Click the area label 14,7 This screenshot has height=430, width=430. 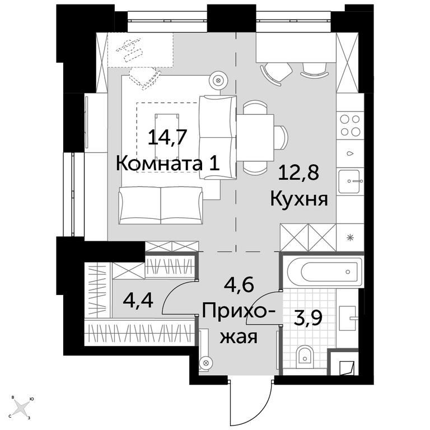pyautogui.click(x=167, y=137)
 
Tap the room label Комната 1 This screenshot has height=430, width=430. pyautogui.click(x=168, y=163)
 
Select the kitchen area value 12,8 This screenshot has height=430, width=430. pyautogui.click(x=298, y=173)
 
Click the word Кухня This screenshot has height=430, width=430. pyautogui.click(x=299, y=199)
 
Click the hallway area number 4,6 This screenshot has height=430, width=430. pyautogui.click(x=239, y=284)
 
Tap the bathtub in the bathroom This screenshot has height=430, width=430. pyautogui.click(x=322, y=272)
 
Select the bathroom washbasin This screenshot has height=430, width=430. pyautogui.click(x=348, y=319)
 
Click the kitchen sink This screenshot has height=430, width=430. pyautogui.click(x=349, y=181)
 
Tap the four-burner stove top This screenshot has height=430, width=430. pyautogui.click(x=350, y=125)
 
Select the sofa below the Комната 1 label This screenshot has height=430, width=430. pyautogui.click(x=161, y=205)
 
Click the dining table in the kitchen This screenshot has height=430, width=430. pyautogui.click(x=255, y=137)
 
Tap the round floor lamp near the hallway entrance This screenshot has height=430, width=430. pyautogui.click(x=206, y=363)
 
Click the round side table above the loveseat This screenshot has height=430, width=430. pyautogui.click(x=218, y=81)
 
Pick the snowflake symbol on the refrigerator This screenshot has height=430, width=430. pyautogui.click(x=349, y=237)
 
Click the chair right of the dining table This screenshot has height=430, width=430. pyautogui.click(x=281, y=137)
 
